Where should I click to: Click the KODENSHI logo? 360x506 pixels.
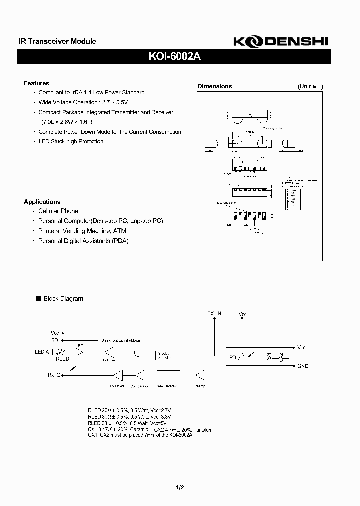click(x=281, y=42)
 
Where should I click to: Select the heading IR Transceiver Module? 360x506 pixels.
click(x=54, y=42)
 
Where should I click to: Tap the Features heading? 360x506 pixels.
click(x=36, y=83)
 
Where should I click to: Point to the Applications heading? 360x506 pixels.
click(x=42, y=202)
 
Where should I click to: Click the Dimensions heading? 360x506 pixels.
click(x=215, y=86)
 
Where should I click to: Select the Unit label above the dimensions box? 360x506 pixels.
click(x=310, y=86)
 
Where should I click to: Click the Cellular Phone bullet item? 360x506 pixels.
click(x=58, y=211)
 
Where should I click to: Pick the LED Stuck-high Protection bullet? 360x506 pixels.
click(x=71, y=141)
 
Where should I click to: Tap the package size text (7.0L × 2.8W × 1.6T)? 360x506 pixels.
click(x=67, y=122)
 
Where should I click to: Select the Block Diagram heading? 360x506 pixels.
click(x=63, y=299)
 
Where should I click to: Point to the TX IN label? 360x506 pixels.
click(x=214, y=313)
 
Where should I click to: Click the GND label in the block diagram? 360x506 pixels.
click(x=303, y=366)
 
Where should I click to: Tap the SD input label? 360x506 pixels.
click(x=54, y=340)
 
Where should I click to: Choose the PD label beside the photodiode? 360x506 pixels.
click(x=232, y=357)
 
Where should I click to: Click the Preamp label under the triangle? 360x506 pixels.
click(x=200, y=386)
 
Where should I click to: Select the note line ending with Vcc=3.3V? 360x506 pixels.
click(x=129, y=416)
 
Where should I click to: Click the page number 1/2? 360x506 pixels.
click(x=180, y=487)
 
